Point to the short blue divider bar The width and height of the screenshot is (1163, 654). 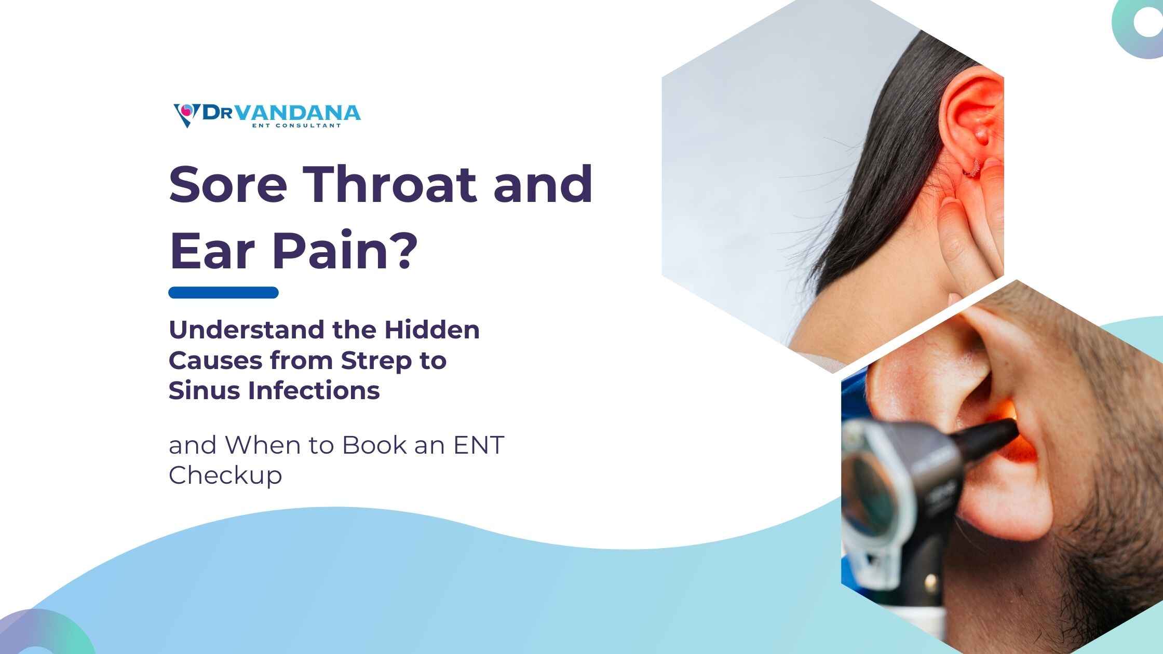point(223,293)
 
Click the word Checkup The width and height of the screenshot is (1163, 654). point(225,475)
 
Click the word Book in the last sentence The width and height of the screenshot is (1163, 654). point(374,445)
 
